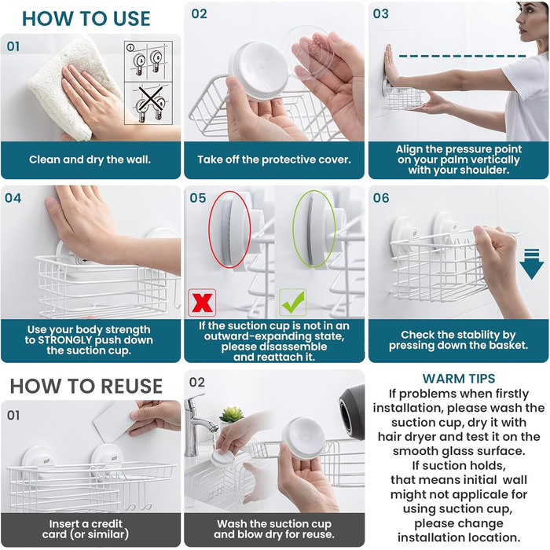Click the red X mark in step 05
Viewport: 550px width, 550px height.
202,302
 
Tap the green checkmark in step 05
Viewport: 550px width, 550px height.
293,302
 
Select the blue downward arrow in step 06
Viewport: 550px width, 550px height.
532,264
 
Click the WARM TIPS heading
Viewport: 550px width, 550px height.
458,379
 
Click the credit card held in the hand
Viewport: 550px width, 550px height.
116,422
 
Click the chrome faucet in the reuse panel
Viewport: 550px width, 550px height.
199,424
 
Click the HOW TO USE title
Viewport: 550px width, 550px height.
86,19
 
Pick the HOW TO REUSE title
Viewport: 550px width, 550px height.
86,387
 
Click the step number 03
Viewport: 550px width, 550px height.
380,14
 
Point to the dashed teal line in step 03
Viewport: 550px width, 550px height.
462,56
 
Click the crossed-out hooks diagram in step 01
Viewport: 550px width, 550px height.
148,104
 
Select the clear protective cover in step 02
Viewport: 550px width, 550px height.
310,53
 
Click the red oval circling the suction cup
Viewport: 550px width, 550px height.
229,229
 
